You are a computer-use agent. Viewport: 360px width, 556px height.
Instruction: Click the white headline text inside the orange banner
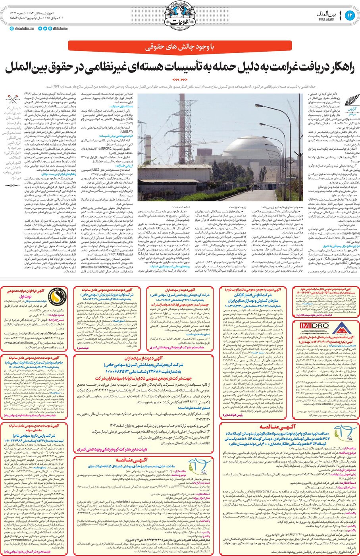pos(179,46)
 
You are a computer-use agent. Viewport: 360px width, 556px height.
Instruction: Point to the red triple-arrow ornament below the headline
pos(180,79)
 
